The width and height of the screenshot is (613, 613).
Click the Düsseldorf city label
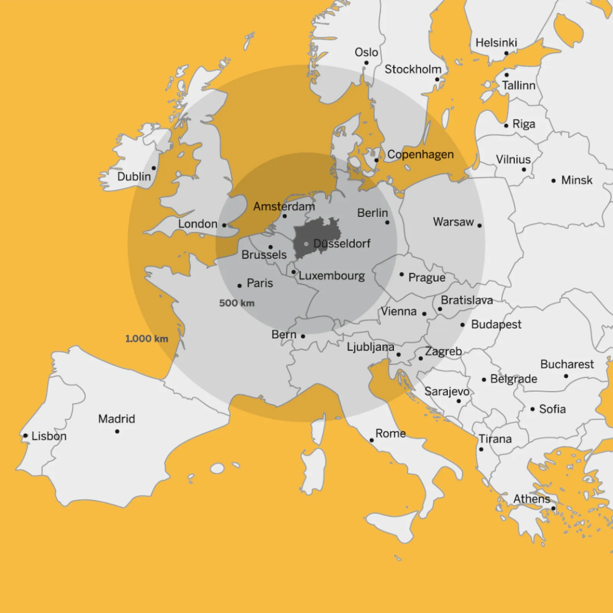(x=342, y=244)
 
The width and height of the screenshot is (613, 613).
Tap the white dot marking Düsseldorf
(x=306, y=244)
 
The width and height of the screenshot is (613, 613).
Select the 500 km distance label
(x=236, y=303)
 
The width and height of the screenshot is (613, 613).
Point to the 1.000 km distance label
(x=147, y=339)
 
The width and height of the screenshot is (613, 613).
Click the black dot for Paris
(x=239, y=286)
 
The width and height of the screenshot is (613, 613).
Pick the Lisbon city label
(x=49, y=436)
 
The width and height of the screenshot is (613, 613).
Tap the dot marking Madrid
(x=117, y=431)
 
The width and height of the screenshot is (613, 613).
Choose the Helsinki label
(x=496, y=43)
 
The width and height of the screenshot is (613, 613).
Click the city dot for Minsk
(x=554, y=180)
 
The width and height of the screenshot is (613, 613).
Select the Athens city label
(x=532, y=499)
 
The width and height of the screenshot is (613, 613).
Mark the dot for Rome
(x=372, y=440)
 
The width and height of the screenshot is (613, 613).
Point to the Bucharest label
(x=567, y=364)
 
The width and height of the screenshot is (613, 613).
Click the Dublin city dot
(x=154, y=168)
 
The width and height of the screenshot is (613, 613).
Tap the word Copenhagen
(x=420, y=154)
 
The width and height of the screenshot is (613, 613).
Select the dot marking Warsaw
(x=480, y=226)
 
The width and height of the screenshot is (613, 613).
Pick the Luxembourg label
(x=332, y=276)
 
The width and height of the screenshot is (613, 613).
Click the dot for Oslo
(x=366, y=63)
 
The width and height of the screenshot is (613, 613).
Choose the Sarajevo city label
(x=447, y=391)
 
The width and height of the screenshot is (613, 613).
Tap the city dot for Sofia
(x=533, y=409)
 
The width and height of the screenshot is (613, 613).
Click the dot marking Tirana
(x=481, y=449)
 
